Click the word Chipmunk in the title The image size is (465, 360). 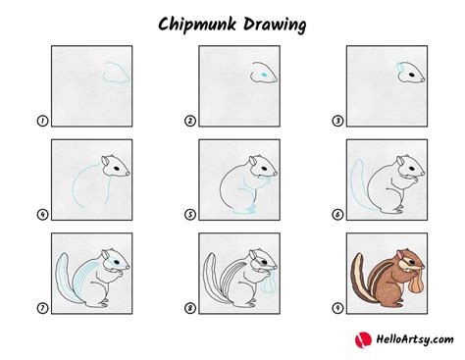194,22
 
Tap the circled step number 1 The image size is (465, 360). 42,121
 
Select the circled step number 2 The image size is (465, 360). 190,121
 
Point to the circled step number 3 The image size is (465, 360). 338,121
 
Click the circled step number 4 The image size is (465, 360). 42,214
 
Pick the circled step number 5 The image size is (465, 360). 190,214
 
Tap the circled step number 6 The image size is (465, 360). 338,214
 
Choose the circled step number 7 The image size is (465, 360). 42,308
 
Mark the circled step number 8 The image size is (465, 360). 190,308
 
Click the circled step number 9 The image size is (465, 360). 338,308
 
